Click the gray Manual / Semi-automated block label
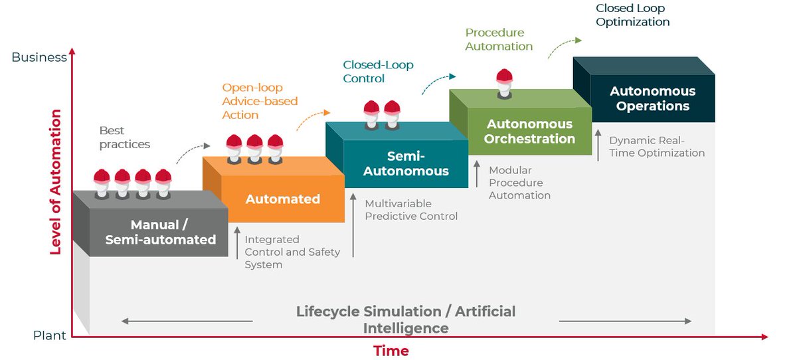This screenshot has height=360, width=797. click(160, 232)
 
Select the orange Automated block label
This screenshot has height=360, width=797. click(282, 199)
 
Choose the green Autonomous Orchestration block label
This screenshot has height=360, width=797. click(529, 132)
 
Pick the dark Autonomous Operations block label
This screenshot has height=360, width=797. click(652, 98)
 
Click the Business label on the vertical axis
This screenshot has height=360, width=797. click(39, 57)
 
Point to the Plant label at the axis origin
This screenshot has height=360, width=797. click(50, 335)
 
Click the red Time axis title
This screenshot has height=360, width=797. click(391, 351)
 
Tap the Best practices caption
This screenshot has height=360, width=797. click(125, 137)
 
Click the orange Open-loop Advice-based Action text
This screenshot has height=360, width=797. click(260, 101)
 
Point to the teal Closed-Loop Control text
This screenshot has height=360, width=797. click(378, 72)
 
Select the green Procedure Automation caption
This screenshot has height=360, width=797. click(499, 39)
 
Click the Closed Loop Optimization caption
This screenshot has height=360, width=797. click(632, 15)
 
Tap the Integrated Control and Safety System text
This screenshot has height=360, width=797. click(292, 252)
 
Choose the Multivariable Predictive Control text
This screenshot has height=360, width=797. click(411, 209)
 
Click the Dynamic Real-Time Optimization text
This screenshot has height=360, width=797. click(656, 147)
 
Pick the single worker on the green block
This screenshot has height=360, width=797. click(505, 80)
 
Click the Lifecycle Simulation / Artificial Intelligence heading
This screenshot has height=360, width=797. click(405, 319)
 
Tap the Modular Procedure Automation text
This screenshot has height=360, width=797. click(519, 183)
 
